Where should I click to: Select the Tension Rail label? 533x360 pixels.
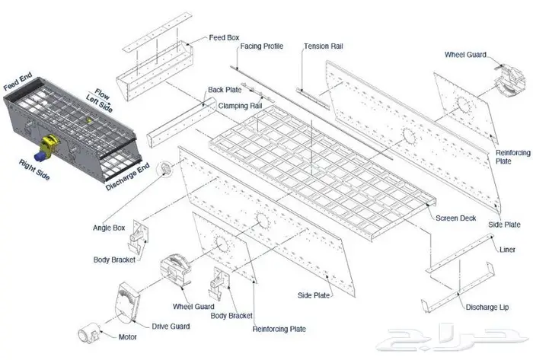coord(324,46)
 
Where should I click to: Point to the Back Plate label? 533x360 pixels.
coord(226,89)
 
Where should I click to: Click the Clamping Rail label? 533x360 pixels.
coord(240,105)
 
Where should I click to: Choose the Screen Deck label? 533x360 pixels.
coord(456,218)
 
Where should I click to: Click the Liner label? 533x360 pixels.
coord(507,249)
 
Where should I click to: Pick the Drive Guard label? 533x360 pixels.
coord(170,327)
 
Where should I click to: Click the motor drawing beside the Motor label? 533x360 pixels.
coord(90,333)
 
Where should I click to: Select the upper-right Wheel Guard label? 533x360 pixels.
coord(466,56)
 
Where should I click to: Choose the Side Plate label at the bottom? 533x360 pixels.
coord(314,294)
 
